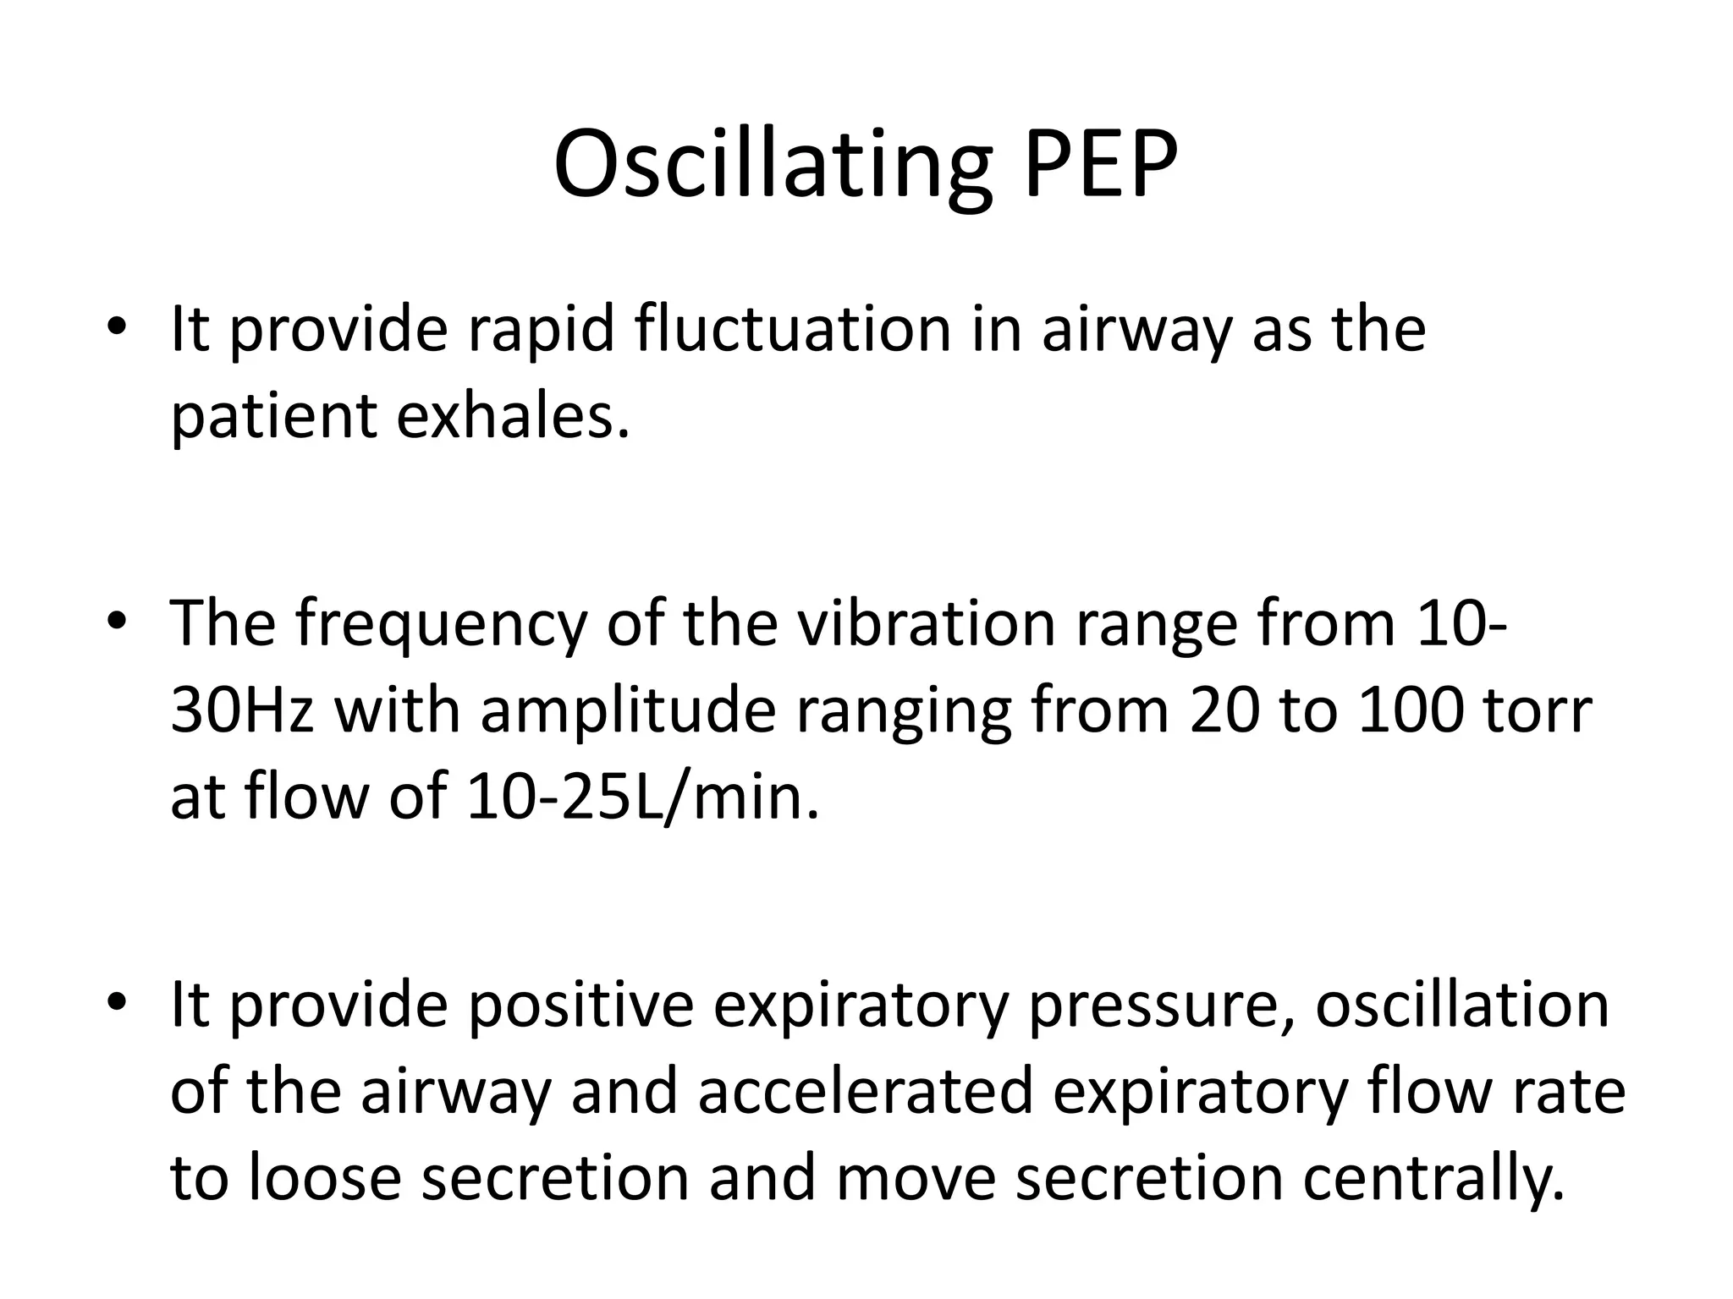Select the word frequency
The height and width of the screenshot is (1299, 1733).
pyautogui.click(x=440, y=627)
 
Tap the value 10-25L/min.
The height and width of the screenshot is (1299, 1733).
pyautogui.click(x=643, y=797)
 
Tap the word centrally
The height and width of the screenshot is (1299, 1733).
pyautogui.click(x=1433, y=1179)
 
